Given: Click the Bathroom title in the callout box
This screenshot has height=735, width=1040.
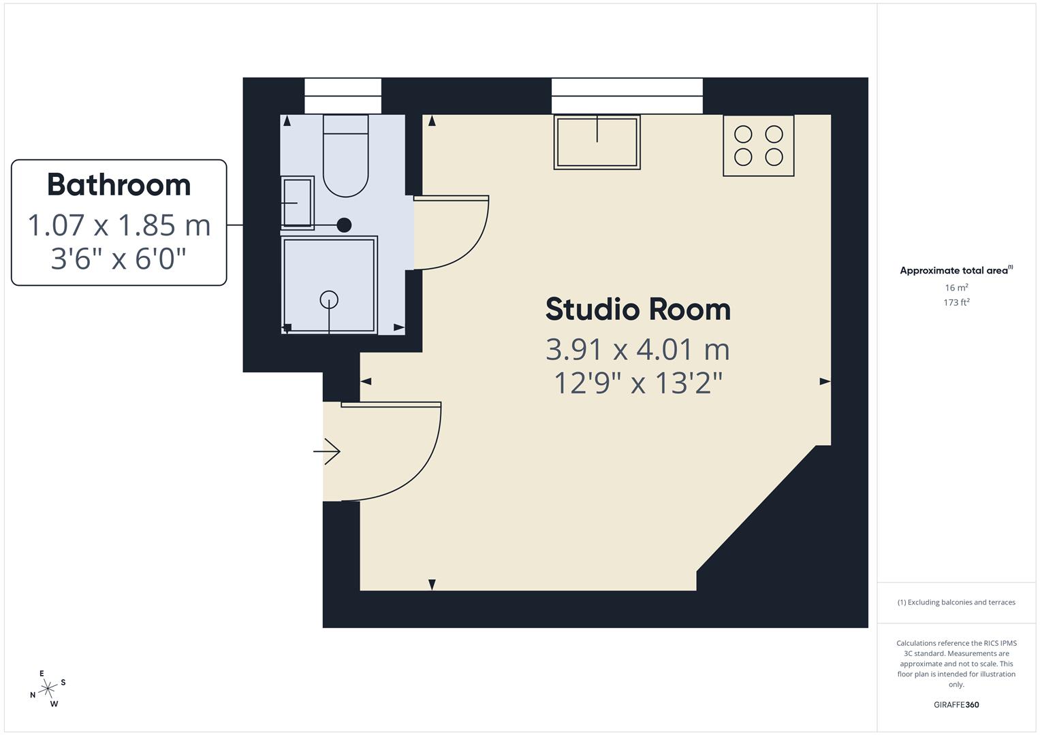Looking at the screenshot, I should pyautogui.click(x=119, y=185).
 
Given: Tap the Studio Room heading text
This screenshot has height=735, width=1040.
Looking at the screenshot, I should pyautogui.click(x=638, y=310).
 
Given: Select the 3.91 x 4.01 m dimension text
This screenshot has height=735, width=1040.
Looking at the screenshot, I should pyautogui.click(x=638, y=350).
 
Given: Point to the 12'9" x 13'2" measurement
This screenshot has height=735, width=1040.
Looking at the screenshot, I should pyautogui.click(x=638, y=383).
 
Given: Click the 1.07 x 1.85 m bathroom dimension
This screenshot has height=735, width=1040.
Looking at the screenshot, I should pyautogui.click(x=119, y=225).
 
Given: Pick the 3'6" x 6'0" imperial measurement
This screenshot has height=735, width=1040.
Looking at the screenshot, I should pyautogui.click(x=119, y=259).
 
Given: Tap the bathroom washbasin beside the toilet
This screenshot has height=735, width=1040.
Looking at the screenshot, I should pyautogui.click(x=298, y=203).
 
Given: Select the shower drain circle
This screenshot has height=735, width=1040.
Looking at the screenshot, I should pyautogui.click(x=329, y=299).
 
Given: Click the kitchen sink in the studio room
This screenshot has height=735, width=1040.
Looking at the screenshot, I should pyautogui.click(x=597, y=142).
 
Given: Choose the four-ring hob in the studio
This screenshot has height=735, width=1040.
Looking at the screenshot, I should pyautogui.click(x=758, y=146).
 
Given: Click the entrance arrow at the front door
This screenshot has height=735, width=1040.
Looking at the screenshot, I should pyautogui.click(x=327, y=451).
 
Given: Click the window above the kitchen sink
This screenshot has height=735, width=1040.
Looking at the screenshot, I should pyautogui.click(x=627, y=96).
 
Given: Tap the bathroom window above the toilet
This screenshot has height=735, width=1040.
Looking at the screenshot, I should pyautogui.click(x=343, y=96).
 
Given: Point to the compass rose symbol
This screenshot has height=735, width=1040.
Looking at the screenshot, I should pyautogui.click(x=48, y=689).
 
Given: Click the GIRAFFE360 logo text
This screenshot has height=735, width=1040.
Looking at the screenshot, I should pyautogui.click(x=956, y=705).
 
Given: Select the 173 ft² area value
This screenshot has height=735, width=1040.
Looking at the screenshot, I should pyautogui.click(x=956, y=302).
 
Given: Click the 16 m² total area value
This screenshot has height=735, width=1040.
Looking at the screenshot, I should pyautogui.click(x=956, y=288).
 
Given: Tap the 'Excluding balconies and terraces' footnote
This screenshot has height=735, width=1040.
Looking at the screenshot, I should pyautogui.click(x=956, y=602).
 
